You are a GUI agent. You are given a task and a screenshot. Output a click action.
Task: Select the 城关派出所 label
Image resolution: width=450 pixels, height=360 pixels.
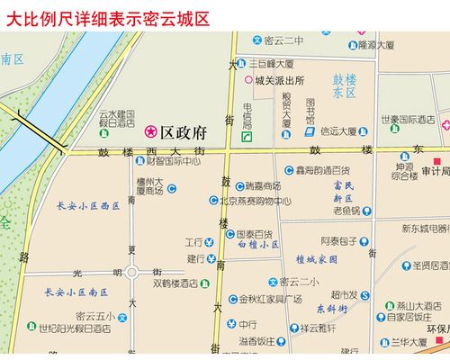[x=280, y=80]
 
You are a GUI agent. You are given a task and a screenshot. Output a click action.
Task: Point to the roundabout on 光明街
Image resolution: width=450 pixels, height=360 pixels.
[x=132, y=271]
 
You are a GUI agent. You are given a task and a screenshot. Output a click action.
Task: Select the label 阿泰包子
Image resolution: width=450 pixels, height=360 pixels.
[x=340, y=240]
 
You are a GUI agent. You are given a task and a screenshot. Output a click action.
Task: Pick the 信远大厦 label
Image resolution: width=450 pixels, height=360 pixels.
[x=341, y=132]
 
